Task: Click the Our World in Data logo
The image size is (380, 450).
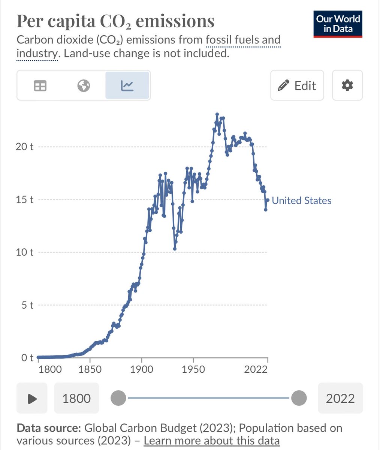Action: pyautogui.click(x=338, y=24)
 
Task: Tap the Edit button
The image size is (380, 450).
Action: pyautogui.click(x=297, y=85)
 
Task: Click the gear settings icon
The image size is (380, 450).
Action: pyautogui.click(x=347, y=85)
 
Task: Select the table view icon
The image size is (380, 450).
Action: pyautogui.click(x=40, y=86)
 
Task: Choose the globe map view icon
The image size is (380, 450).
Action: pyautogui.click(x=84, y=86)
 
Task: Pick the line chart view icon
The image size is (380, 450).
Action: pyautogui.click(x=127, y=86)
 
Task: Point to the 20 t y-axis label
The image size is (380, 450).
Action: pyautogui.click(x=24, y=146)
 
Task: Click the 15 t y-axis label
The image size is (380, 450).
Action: pyautogui.click(x=24, y=199)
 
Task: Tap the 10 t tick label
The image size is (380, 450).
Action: pyautogui.click(x=24, y=252)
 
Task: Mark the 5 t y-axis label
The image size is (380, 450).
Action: pyautogui.click(x=27, y=305)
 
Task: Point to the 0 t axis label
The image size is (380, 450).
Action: pyautogui.click(x=27, y=358)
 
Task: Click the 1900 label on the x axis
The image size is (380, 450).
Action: pyautogui.click(x=142, y=369)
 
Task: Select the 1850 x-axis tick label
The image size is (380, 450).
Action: pyautogui.click(x=90, y=369)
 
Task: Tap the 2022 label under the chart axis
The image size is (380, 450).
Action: pyautogui.click(x=256, y=369)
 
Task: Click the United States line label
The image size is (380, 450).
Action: pyautogui.click(x=301, y=201)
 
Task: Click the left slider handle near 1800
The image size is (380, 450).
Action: pyautogui.click(x=119, y=398)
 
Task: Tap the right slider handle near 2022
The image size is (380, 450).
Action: pyautogui.click(x=299, y=398)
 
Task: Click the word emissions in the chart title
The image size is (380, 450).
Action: pyautogui.click(x=175, y=21)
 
